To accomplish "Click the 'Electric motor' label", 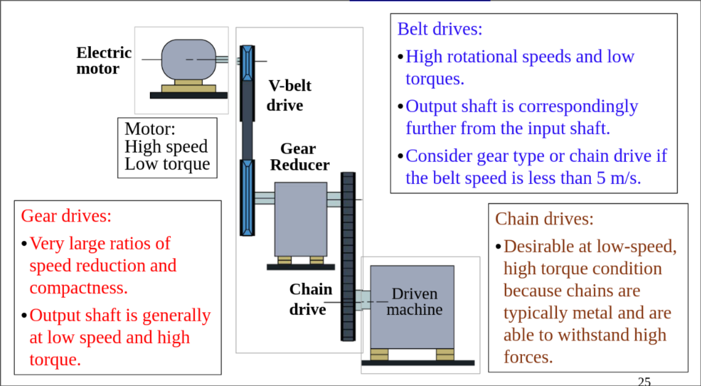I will pyautogui.click(x=103, y=61).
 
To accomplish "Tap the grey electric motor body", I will pyautogui.click(x=188, y=60).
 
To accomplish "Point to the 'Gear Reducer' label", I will pyautogui.click(x=299, y=157).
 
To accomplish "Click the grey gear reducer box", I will pyautogui.click(x=300, y=218).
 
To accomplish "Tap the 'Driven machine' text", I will pyautogui.click(x=414, y=301).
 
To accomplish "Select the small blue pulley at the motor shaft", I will pyautogui.click(x=247, y=61).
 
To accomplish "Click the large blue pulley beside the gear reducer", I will pyautogui.click(x=247, y=197).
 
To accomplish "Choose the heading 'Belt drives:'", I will pyautogui.click(x=440, y=29).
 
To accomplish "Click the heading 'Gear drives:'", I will pyautogui.click(x=66, y=216).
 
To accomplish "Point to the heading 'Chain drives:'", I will pyautogui.click(x=544, y=219).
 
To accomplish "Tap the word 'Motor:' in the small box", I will pyautogui.click(x=150, y=129).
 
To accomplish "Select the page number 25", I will pyautogui.click(x=644, y=381).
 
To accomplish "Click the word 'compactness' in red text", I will pyautogui.click(x=77, y=288).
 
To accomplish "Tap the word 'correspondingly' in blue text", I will pyautogui.click(x=578, y=106).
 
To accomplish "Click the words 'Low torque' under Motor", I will pyautogui.click(x=167, y=164).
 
